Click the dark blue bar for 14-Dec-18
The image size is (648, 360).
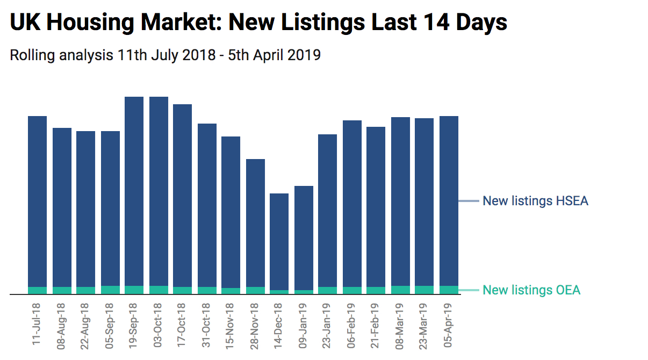click(x=279, y=242)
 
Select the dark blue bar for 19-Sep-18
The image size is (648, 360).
click(x=134, y=191)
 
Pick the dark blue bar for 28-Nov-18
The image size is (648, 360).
click(x=255, y=223)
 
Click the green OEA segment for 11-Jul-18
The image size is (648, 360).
click(x=38, y=290)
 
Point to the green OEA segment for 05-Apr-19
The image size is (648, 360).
click(x=449, y=290)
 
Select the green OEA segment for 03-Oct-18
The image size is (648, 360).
click(x=159, y=290)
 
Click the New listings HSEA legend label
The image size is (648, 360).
click(x=535, y=201)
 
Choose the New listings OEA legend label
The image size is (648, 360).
click(x=531, y=290)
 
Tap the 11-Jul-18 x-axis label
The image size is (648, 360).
click(x=37, y=323)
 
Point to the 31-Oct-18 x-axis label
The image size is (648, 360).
click(x=207, y=323)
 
